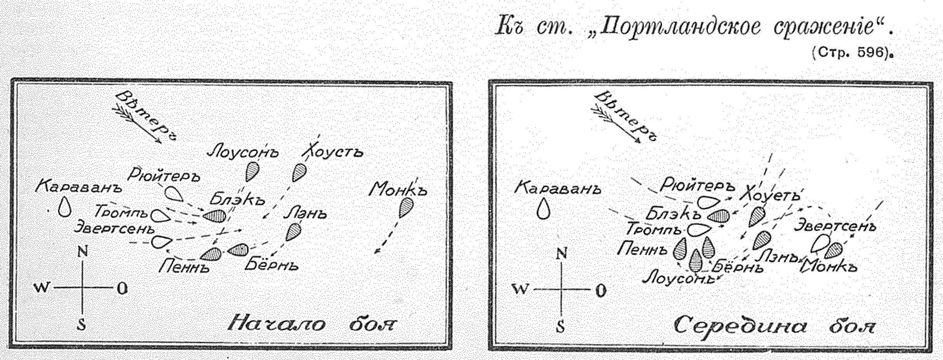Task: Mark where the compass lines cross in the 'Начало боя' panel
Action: pos(82,288)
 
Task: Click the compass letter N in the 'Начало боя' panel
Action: pos(83,252)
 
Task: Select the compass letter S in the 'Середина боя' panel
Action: pos(560,327)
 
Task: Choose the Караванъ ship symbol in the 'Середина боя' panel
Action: pos(545,209)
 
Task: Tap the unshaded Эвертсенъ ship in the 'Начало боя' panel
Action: pos(161,242)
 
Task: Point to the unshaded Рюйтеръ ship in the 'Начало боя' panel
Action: pos(174,193)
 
